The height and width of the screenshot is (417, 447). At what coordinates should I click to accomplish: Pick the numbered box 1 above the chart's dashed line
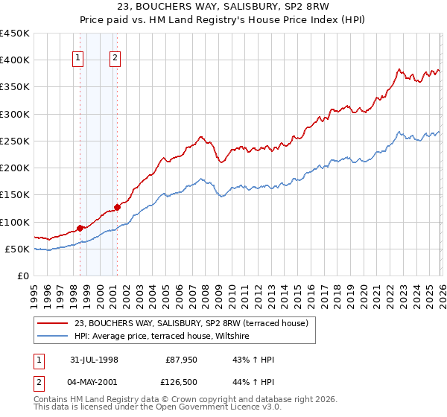[x=79, y=59]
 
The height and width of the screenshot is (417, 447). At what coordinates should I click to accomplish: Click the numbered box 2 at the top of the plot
[x=116, y=59]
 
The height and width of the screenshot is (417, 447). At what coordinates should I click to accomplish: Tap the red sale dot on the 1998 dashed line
[x=80, y=229]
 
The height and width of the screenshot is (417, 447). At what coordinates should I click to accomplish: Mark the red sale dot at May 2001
[x=116, y=208]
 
